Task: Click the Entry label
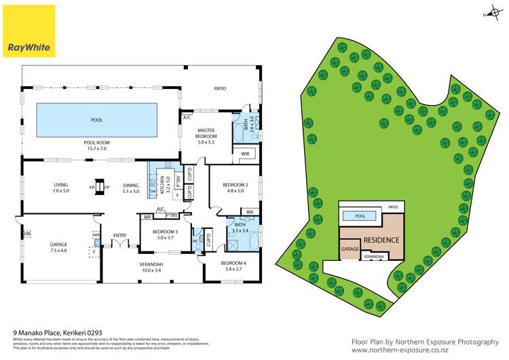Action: coord(120,236)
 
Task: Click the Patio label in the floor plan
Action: coord(220,89)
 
